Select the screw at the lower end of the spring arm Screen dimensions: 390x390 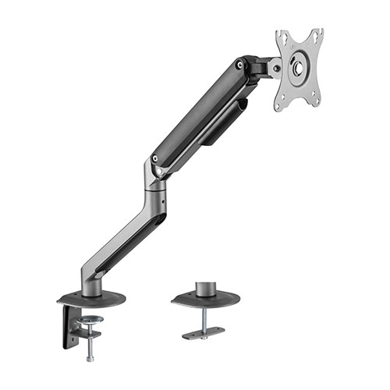pyautogui.click(x=159, y=167)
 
